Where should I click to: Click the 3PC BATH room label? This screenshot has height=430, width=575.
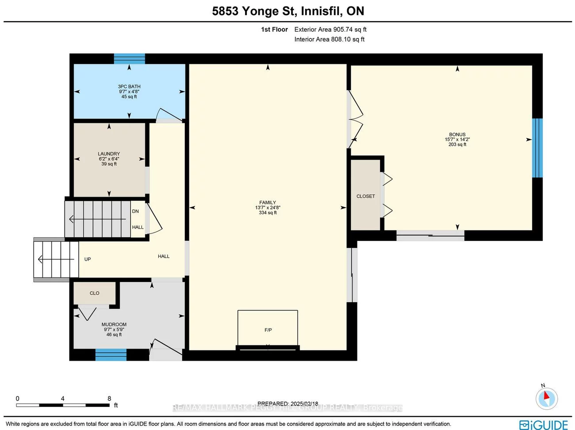click(129, 87)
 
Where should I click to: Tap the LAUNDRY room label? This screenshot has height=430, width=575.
click(109, 154)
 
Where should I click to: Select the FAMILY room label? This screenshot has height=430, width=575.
click(268, 202)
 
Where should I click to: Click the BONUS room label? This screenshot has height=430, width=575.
click(457, 134)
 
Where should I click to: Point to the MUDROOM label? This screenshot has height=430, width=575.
click(114, 324)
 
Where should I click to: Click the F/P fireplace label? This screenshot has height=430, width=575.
click(268, 330)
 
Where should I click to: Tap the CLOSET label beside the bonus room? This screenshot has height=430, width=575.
click(365, 196)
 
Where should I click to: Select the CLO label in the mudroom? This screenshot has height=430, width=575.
click(95, 293)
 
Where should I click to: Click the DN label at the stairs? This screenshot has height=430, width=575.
click(135, 211)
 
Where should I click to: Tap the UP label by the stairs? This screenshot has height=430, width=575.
click(88, 259)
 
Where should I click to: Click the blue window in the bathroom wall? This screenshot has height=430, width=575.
click(130, 59)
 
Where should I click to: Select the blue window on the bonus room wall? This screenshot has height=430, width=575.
click(537, 148)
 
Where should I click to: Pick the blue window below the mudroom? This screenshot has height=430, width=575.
click(111, 354)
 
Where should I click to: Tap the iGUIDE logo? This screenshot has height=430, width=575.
click(544, 425)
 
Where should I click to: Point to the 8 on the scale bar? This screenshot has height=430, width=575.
click(109, 399)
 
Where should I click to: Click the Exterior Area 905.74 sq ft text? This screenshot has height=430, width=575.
click(330, 30)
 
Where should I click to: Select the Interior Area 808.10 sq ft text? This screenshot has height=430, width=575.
click(330, 39)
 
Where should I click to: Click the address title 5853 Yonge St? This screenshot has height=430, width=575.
click(288, 11)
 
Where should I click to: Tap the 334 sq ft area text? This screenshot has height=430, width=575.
click(268, 213)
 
